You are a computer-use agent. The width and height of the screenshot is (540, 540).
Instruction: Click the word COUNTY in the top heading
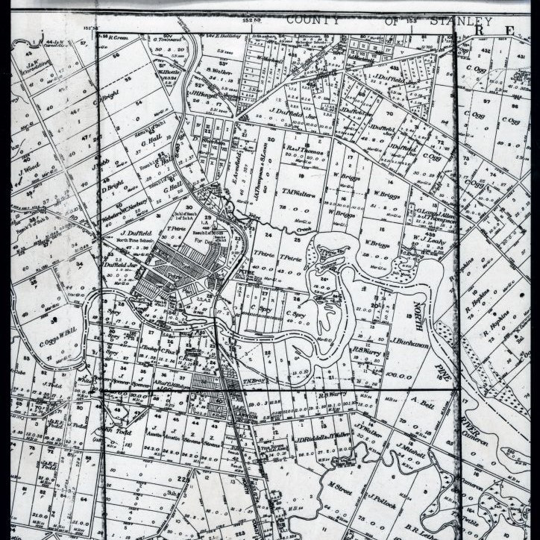point(310,20)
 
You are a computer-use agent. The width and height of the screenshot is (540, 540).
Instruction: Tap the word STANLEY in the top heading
point(460,21)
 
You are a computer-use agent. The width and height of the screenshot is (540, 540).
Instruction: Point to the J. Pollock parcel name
point(380,495)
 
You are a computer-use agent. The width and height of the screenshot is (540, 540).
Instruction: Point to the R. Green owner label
point(118,35)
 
